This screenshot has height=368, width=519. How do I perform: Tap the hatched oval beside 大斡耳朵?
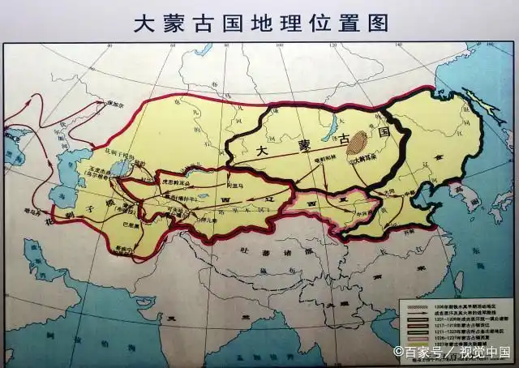coord(358,145)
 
